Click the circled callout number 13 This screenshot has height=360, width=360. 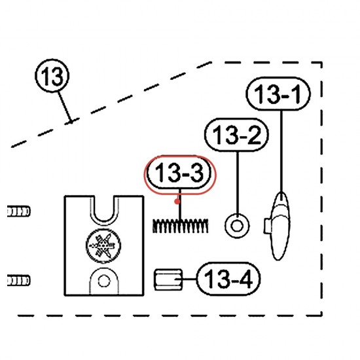click(x=52, y=75)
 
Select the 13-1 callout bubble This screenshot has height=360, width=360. click(x=278, y=94)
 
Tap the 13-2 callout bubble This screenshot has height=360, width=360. click(x=236, y=135)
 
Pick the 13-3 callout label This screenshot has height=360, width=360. click(x=179, y=173)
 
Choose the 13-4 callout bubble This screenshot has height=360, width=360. click(x=228, y=279)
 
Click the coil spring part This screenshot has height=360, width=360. click(x=181, y=226)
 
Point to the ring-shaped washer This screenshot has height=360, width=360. click(x=237, y=226)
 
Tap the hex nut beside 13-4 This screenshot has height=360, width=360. click(x=168, y=279)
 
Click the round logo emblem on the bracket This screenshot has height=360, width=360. click(x=103, y=245)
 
